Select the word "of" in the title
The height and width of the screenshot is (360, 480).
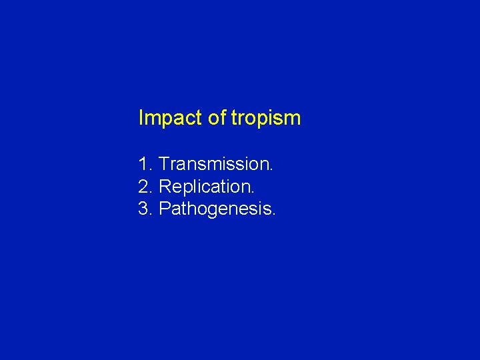(217, 119)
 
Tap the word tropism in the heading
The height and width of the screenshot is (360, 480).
(266, 119)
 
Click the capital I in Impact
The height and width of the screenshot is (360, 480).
(141, 118)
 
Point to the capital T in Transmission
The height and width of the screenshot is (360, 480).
(165, 164)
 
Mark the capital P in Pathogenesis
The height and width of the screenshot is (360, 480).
(165, 209)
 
